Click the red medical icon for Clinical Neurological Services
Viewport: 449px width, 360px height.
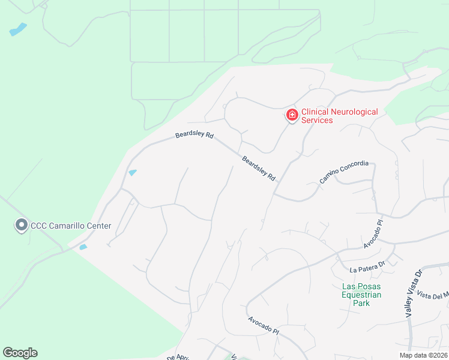tap(292, 115)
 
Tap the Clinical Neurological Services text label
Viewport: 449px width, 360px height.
tap(339, 116)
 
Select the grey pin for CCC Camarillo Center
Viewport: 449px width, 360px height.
tap(22, 226)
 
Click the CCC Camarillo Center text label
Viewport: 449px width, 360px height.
tap(71, 226)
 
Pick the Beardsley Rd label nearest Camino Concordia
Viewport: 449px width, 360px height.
tap(259, 169)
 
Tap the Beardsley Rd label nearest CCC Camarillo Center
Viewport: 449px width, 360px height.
tap(194, 136)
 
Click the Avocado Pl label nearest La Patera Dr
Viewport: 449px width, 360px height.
tap(373, 236)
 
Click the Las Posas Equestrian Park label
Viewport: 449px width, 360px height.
tap(361, 295)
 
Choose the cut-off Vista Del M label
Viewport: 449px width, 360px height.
tap(433, 295)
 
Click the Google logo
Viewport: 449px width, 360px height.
tap(20, 353)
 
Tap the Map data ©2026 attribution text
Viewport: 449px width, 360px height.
tap(423, 355)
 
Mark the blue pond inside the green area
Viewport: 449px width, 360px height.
tap(18, 29)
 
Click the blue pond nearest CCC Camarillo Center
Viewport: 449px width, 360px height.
tap(83, 247)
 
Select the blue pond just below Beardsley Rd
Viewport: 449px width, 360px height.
tap(132, 173)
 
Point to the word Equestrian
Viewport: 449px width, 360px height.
tap(361, 295)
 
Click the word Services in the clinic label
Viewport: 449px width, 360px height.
tap(317, 120)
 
